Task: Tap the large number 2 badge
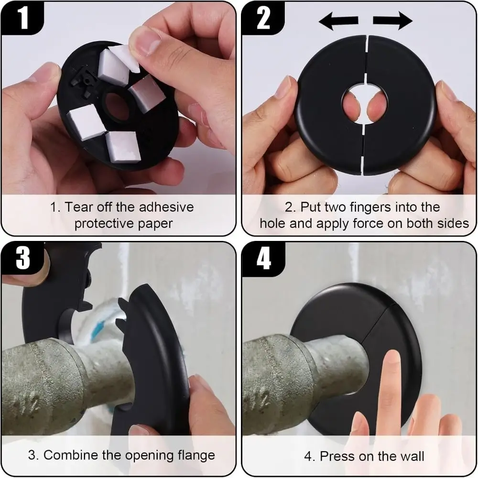(262, 18)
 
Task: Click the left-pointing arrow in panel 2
(338, 21)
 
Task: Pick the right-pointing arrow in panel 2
(392, 21)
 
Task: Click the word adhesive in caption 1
(166, 207)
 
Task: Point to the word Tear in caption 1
(76, 207)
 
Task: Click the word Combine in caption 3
(69, 455)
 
